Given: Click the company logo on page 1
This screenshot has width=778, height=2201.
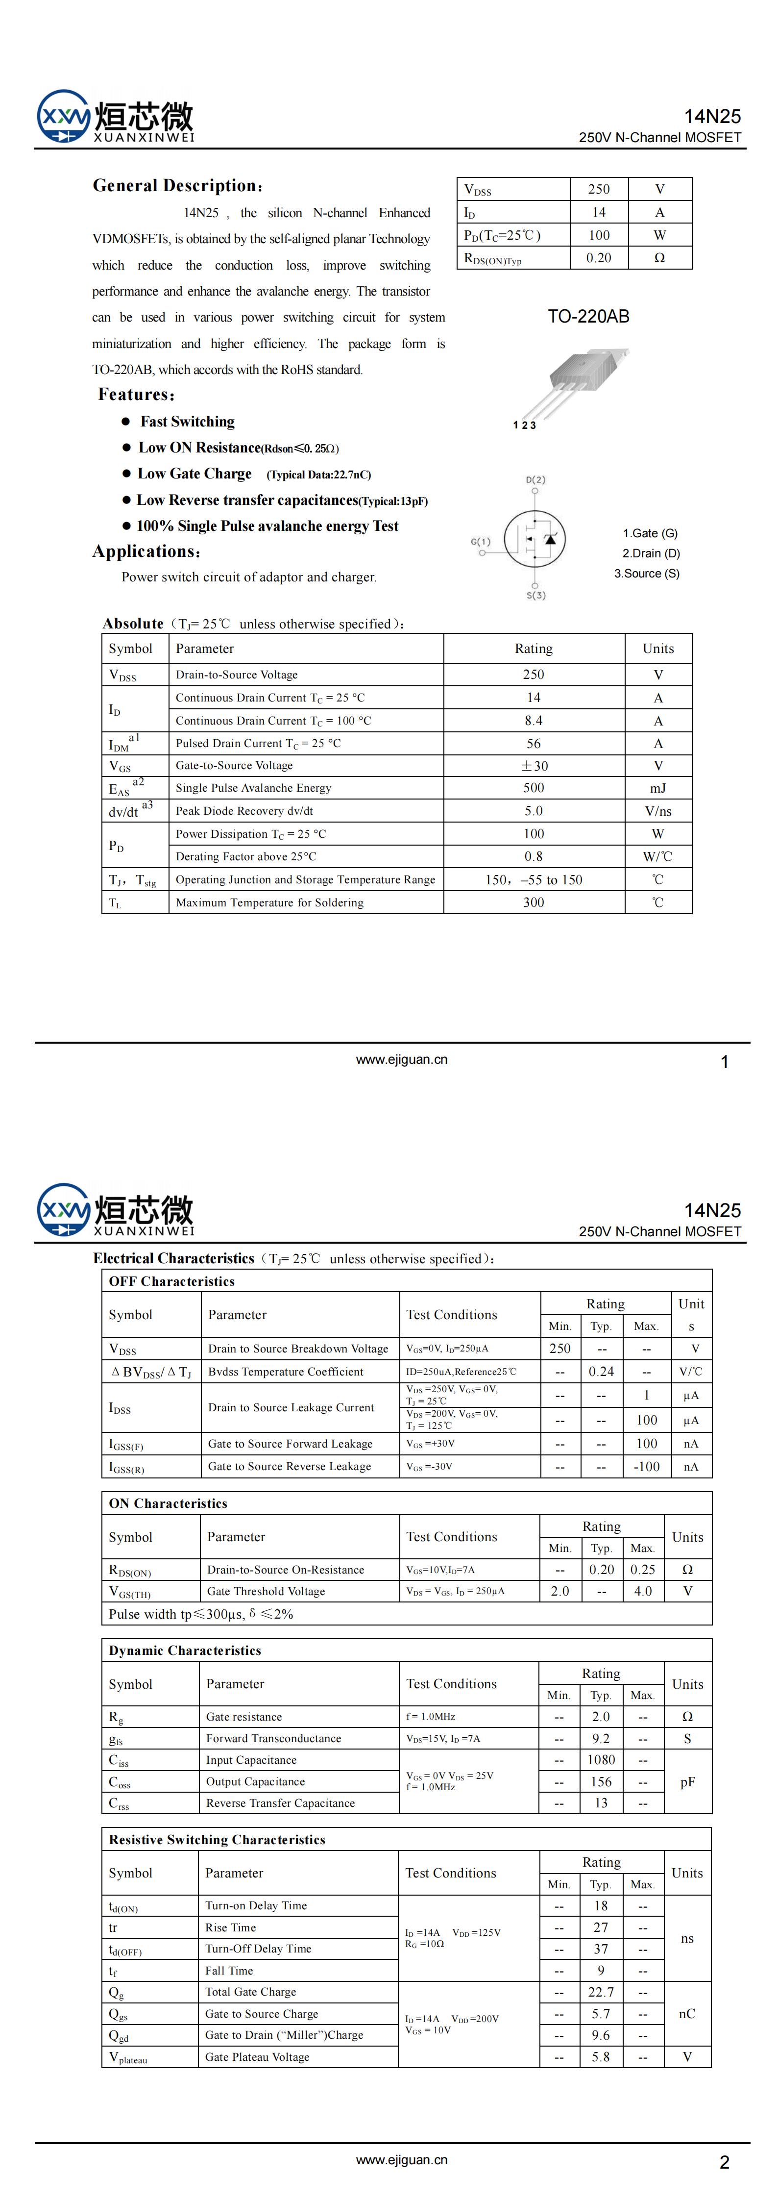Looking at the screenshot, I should click(x=115, y=117).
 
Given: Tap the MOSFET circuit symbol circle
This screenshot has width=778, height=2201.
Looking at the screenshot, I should click(x=535, y=538).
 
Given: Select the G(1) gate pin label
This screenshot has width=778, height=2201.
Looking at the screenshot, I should click(x=481, y=542).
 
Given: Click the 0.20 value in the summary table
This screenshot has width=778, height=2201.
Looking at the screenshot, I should click(x=599, y=258).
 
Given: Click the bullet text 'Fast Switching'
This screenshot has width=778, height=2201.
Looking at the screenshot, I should click(x=187, y=421).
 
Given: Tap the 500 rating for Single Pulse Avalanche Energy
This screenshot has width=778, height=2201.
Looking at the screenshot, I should click(x=534, y=788).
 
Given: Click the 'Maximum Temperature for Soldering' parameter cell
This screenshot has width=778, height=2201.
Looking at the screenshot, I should click(x=270, y=902).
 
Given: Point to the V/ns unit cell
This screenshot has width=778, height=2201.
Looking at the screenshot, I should click(x=657, y=811).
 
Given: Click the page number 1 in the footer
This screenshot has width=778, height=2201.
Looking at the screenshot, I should click(x=724, y=1062).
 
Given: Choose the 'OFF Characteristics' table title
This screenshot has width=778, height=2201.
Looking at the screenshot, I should click(x=171, y=1281).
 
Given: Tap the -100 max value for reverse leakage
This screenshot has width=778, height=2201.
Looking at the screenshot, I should click(x=647, y=1466).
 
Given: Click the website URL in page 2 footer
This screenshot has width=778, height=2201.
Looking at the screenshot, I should click(x=401, y=2159).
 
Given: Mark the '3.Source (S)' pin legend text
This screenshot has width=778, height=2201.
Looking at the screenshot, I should click(x=647, y=574).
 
